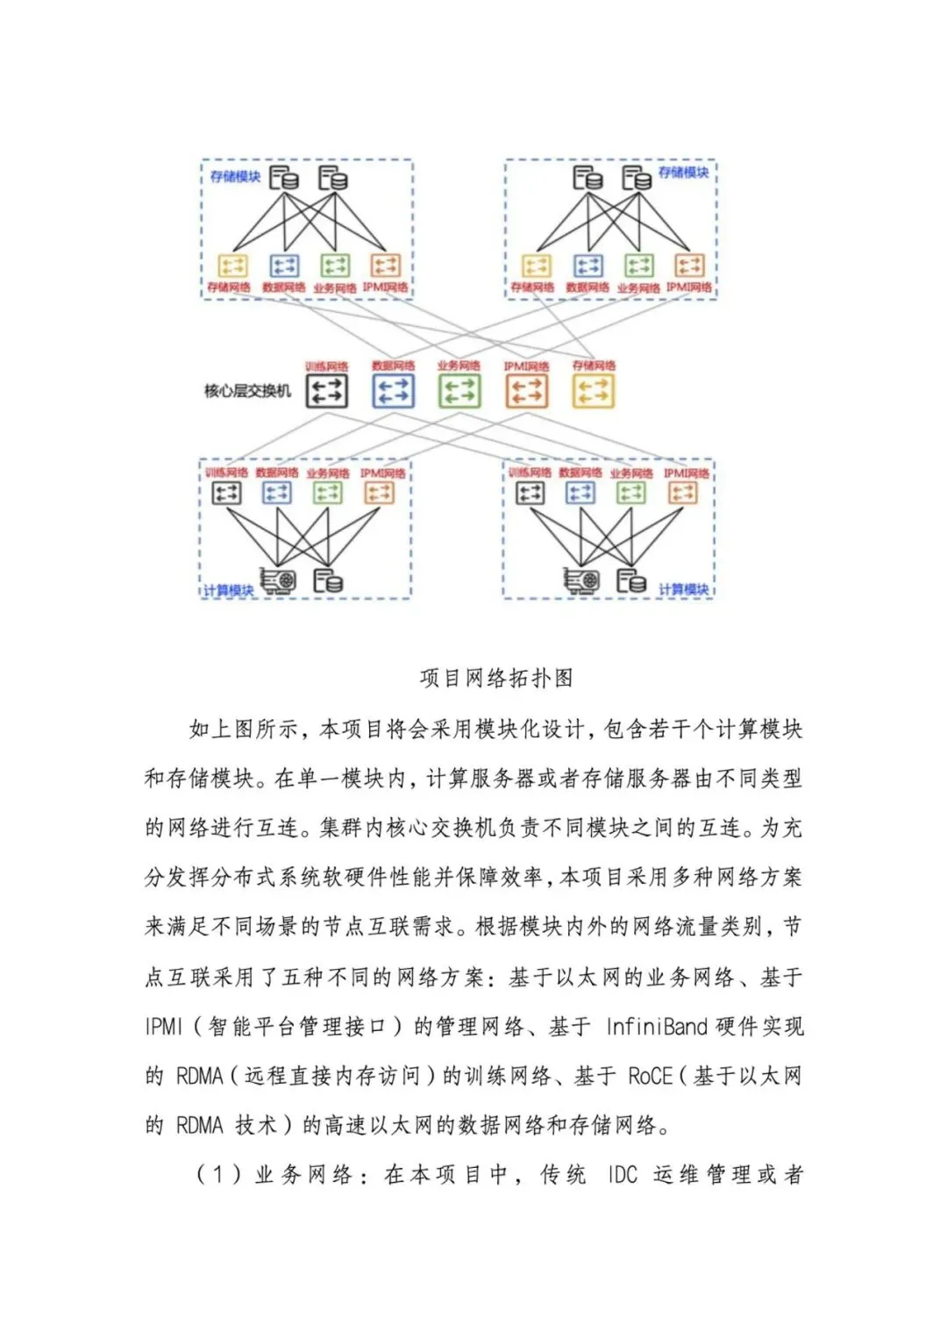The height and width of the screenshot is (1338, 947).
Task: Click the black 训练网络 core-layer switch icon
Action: [326, 391]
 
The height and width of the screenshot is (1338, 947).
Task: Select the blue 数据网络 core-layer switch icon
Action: [393, 391]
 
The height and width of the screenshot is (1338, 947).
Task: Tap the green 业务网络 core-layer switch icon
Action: [459, 391]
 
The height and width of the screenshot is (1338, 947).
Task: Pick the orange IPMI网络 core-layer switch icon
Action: [526, 391]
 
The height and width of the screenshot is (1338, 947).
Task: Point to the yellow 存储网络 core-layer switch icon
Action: [594, 391]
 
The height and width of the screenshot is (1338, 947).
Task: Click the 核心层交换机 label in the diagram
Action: [247, 391]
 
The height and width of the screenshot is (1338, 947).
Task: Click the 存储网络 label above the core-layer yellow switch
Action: [594, 366]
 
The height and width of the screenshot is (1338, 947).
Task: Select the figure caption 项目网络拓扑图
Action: [496, 678]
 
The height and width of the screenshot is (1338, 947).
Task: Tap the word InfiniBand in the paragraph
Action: [656, 1027]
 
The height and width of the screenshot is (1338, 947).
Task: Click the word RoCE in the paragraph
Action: [650, 1076]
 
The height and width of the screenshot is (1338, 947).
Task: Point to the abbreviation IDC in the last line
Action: [623, 1175]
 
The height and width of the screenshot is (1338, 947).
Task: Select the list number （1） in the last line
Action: [218, 1175]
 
